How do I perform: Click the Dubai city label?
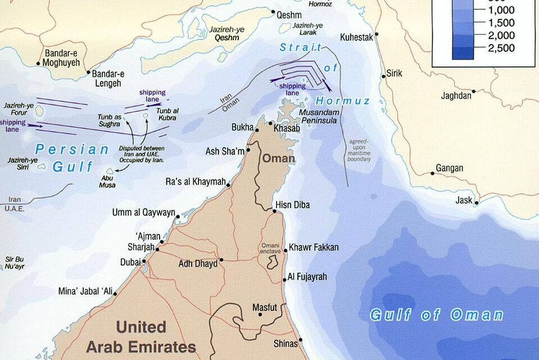click(130, 262)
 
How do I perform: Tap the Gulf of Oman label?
click(436, 314)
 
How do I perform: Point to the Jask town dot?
click(477, 203)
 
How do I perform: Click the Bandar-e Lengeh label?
click(106, 79)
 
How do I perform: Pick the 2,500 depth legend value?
click(501, 48)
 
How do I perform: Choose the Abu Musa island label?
click(108, 180)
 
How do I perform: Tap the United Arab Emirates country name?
click(141, 336)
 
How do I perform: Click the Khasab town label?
click(287, 128)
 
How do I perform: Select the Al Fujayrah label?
click(307, 277)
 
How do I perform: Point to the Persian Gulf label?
click(72, 158)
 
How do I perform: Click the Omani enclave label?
click(271, 248)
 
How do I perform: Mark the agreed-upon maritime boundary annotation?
click(360, 150)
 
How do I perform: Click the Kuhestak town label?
click(357, 38)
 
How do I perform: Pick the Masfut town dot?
click(260, 314)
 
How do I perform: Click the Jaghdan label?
click(456, 96)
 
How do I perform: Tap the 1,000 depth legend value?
click(501, 10)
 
